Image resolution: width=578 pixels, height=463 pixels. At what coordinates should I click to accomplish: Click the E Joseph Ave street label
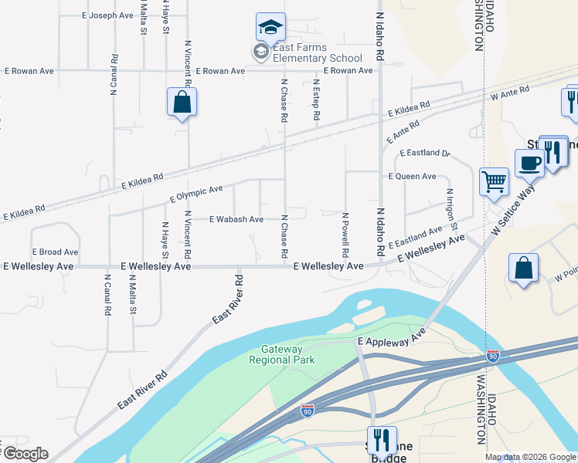pyautogui.click(x=107, y=15)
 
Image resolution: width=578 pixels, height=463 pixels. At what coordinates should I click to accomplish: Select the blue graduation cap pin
pyautogui.click(x=270, y=28)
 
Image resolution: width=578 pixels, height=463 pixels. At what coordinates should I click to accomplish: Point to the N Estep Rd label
pyautogui.click(x=316, y=100)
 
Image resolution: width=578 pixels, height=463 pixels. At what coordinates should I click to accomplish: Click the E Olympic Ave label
pyautogui.click(x=196, y=194)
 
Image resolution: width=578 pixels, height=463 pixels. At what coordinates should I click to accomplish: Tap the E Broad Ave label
pyautogui.click(x=55, y=252)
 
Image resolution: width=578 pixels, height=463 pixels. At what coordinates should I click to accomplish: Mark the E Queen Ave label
pyautogui.click(x=412, y=176)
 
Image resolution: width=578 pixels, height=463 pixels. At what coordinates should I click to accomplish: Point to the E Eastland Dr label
pyautogui.click(x=424, y=153)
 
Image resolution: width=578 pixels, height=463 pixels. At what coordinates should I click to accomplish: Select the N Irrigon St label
pyautogui.click(x=451, y=209)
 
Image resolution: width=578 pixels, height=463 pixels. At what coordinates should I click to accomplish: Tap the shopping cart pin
pyautogui.click(x=494, y=183)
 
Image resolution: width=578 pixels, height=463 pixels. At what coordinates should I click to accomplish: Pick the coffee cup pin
pyautogui.click(x=530, y=163)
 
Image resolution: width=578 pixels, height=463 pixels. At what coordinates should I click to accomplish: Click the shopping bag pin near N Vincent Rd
pyautogui.click(x=182, y=102)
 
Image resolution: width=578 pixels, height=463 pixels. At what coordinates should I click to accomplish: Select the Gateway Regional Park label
pyautogui.click(x=277, y=354)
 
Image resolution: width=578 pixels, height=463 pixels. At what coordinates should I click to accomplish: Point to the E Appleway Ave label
pyautogui.click(x=392, y=339)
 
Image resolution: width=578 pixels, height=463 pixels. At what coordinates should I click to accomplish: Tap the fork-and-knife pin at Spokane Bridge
pyautogui.click(x=382, y=441)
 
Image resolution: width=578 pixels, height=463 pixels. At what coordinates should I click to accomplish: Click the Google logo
pyautogui.click(x=25, y=454)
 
